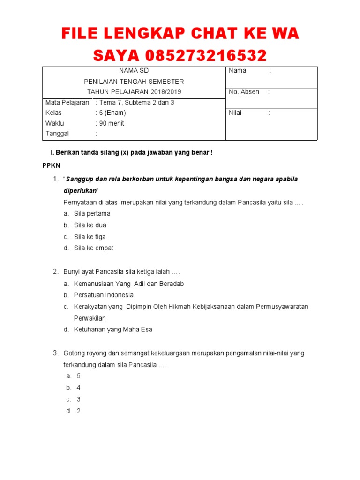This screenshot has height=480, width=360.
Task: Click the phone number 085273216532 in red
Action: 206,56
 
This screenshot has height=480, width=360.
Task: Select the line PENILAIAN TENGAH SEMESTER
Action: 134,82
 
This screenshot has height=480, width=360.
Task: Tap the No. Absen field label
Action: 244,92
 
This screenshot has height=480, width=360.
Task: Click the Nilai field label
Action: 235,113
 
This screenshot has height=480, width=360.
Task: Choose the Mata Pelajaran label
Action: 67,102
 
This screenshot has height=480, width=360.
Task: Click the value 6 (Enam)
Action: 112,113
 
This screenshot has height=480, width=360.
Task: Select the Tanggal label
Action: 57,134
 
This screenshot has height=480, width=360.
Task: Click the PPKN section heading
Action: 51,166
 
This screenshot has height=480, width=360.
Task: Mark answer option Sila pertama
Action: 92,214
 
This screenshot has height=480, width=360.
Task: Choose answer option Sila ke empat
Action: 94,248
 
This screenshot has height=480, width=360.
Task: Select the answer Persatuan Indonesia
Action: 104,295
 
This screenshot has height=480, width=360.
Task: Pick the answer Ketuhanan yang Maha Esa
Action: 113,330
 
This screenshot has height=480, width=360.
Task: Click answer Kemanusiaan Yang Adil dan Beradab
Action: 129,284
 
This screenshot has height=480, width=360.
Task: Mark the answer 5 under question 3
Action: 79,376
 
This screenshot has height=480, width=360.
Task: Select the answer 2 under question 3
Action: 79,411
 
